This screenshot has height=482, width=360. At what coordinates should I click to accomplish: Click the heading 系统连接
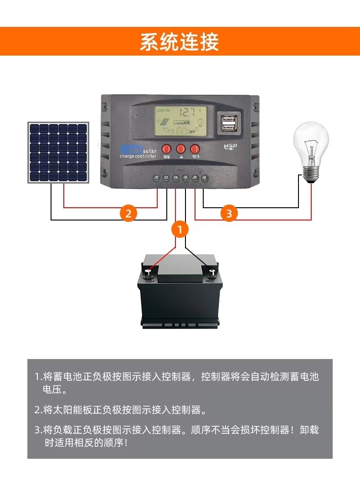point(179,41)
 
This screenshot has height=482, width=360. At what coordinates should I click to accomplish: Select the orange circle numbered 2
point(129,213)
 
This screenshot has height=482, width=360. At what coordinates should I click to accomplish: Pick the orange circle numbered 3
point(229,213)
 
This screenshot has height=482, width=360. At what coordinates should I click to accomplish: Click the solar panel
point(58,153)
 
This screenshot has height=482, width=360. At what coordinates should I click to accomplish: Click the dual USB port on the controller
point(228,123)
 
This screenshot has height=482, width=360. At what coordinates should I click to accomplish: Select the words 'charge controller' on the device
point(138,157)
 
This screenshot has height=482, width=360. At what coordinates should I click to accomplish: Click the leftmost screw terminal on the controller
point(155,178)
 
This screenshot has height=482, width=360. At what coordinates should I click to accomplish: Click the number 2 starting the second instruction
point(37,410)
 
